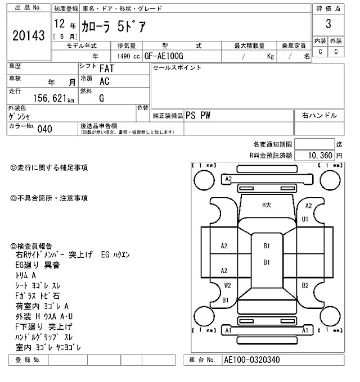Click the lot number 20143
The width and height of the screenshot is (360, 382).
click(28, 36)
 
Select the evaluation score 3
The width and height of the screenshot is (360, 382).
click(328, 24)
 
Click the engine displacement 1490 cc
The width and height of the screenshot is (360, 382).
click(129, 56)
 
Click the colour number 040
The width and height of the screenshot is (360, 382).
click(44, 129)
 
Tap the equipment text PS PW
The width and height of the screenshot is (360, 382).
click(199, 115)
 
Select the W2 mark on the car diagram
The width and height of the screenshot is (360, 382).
click(227, 285)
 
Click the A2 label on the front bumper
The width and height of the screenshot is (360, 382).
click(228, 179)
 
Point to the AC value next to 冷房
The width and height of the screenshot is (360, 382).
click(104, 81)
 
